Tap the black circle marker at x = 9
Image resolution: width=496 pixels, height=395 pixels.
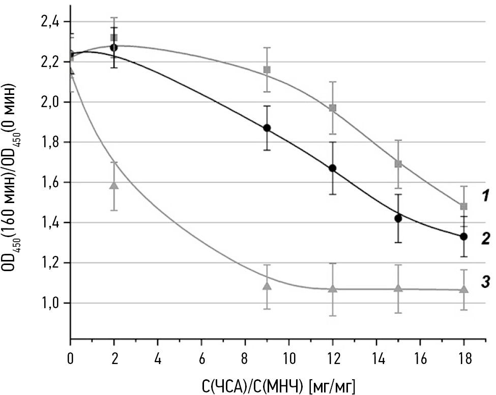pos(267,128)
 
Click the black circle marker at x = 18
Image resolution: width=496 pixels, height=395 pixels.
pos(463,237)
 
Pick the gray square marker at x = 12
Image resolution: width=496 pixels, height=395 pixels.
pos(333,108)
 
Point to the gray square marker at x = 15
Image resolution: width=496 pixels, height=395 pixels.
pos(398,163)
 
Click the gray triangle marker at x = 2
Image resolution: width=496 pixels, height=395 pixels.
pos(114,185)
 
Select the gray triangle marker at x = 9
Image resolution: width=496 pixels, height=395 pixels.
pos(267,286)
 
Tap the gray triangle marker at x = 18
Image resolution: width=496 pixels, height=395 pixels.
pos(463,288)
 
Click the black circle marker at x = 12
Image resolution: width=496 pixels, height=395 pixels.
pos(333,168)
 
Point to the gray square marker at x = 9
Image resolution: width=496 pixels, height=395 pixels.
pos(267,70)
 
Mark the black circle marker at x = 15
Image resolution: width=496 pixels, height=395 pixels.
pos(398,218)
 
